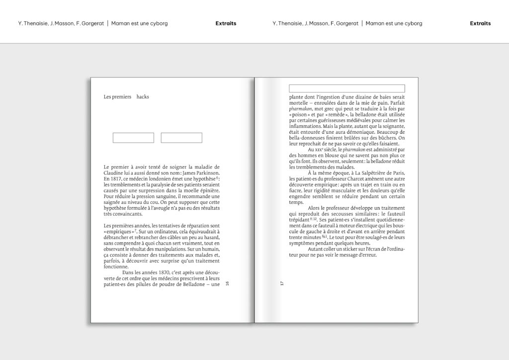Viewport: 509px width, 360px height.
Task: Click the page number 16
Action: pyautogui.click(x=227, y=283)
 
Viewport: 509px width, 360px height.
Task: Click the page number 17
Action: pyautogui.click(x=281, y=283)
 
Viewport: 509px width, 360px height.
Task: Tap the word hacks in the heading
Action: pyautogui.click(x=143, y=96)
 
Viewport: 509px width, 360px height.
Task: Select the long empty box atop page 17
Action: pyautogui.click(x=347, y=88)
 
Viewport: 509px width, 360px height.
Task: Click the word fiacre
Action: pyautogui.click(x=297, y=190)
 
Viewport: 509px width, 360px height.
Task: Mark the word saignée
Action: pyautogui.click(x=115, y=202)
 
